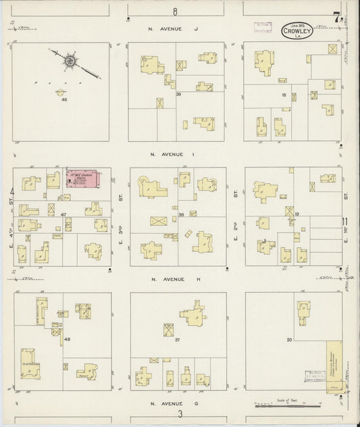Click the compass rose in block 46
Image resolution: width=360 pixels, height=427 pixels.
(69, 61)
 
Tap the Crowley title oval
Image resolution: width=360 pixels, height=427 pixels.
(296, 30)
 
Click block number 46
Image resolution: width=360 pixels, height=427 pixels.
(64, 100)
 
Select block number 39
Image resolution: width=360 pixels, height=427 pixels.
(178, 95)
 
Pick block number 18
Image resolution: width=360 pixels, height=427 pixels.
(284, 95)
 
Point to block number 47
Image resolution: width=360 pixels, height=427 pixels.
(63, 214)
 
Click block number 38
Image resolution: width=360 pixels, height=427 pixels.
(181, 214)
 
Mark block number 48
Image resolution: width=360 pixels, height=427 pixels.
(67, 338)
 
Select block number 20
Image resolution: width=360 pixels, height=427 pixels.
(289, 339)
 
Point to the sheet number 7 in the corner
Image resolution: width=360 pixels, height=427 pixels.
(336, 18)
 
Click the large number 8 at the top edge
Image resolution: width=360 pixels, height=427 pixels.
(175, 11)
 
